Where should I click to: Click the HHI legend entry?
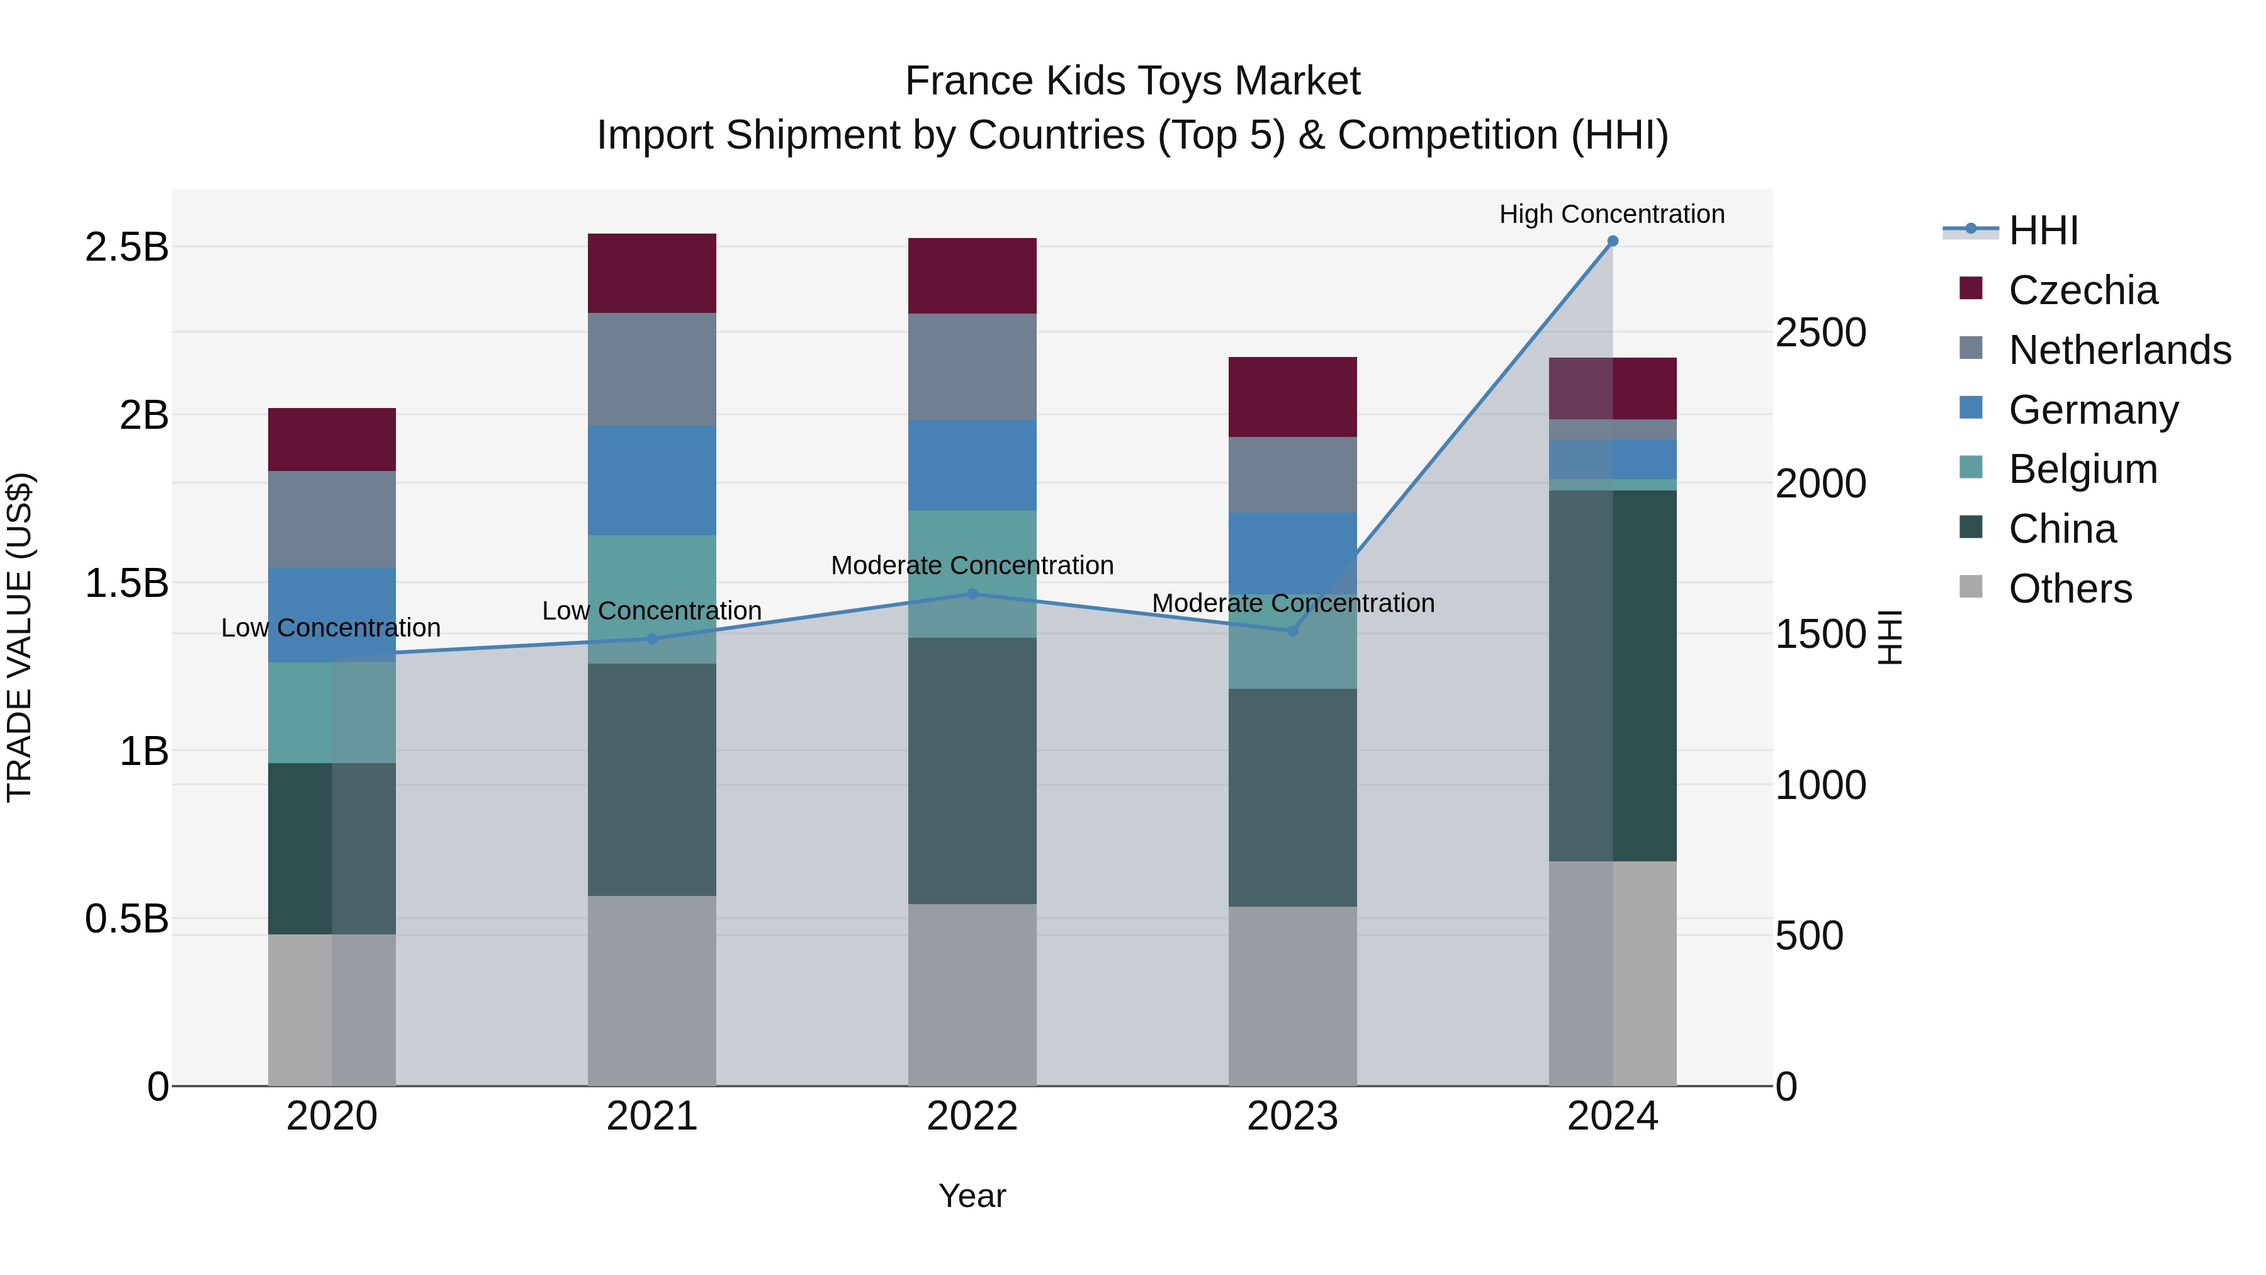pos(2043,230)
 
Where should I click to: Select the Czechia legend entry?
pos(2082,290)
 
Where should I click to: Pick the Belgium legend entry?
pos(2082,469)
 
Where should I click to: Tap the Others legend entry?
pos(2070,589)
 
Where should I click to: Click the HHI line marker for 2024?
pos(1613,241)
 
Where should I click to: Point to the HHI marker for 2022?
pos(972,594)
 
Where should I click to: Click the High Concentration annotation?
pos(1611,214)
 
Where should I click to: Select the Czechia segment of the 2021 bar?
pos(652,273)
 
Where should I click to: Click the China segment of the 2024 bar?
pos(1613,675)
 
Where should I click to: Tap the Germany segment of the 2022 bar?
pos(972,465)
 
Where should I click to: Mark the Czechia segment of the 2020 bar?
pos(332,439)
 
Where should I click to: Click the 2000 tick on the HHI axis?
pos(1820,483)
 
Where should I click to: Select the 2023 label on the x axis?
pos(1292,1116)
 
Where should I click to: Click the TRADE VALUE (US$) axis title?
pos(20,637)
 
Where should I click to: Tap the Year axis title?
pos(972,1196)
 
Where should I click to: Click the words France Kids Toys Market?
pos(1132,81)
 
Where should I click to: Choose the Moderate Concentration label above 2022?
pos(972,565)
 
